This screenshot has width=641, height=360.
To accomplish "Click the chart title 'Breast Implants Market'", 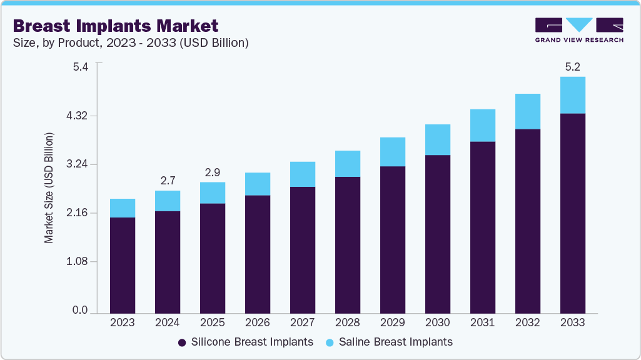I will click(x=116, y=26).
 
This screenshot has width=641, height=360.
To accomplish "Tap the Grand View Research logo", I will click(x=578, y=30).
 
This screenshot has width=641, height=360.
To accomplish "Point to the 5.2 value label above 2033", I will click(x=572, y=67).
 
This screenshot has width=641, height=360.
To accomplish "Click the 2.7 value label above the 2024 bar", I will click(x=168, y=181).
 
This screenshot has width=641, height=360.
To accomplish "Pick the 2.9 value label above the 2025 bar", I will click(x=213, y=172).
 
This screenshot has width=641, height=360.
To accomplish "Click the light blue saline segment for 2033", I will click(x=572, y=95).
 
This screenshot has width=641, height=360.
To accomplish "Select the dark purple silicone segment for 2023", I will click(x=123, y=265).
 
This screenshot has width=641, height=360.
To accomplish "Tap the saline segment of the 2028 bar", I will click(x=348, y=164).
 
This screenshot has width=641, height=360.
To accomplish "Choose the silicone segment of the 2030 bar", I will click(x=438, y=234).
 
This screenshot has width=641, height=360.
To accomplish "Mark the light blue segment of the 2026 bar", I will click(x=258, y=184).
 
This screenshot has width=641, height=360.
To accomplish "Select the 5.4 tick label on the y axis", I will click(x=81, y=67).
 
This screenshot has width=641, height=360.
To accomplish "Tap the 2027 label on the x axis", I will click(x=303, y=322).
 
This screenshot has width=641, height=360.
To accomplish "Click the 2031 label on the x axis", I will click(x=483, y=322).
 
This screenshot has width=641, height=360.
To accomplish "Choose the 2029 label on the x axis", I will click(x=393, y=322).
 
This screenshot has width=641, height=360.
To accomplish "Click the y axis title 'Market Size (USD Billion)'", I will click(x=49, y=188).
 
